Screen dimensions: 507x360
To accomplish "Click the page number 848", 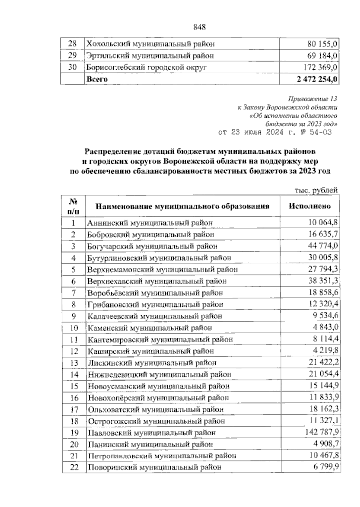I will point(199,27).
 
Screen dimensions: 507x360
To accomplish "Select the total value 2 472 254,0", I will point(317,79).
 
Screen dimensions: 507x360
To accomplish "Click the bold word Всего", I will point(97,79).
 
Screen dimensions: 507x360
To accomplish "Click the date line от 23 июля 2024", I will point(275,132).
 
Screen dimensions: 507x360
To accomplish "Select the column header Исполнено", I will point(310,206).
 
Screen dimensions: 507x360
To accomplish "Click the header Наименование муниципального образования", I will point(182,206).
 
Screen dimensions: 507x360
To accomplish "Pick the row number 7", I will point(73,293).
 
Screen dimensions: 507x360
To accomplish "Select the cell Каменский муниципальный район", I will point(150,328).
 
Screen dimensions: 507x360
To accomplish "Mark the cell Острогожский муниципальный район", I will point(156,421).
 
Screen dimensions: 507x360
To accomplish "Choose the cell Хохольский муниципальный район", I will point(150,44).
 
